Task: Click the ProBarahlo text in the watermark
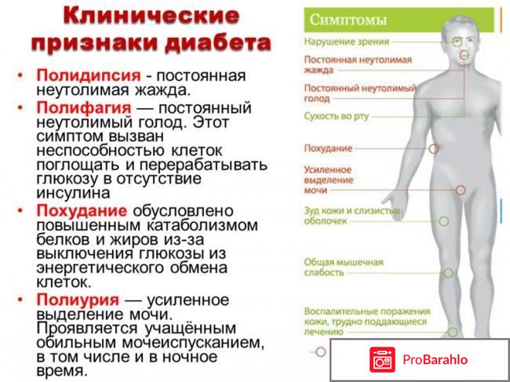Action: (436, 360)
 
